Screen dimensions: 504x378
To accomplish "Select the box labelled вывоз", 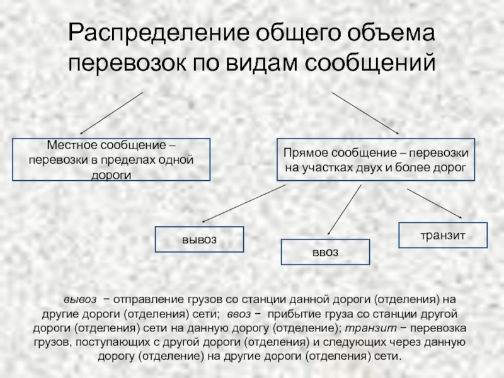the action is click(199, 240).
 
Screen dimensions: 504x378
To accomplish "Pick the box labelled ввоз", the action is click(325, 252).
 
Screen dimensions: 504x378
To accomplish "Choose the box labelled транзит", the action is click(443, 234).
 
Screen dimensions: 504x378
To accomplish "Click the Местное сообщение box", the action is click(111, 160).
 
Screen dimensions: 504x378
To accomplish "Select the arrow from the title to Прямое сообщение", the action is click(365, 113).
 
